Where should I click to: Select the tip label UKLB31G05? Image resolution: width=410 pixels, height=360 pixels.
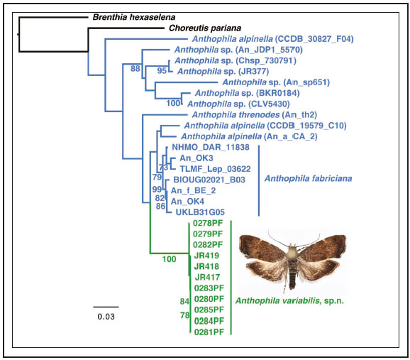(196, 212)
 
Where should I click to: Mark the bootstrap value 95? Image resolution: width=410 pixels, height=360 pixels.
(162, 71)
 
